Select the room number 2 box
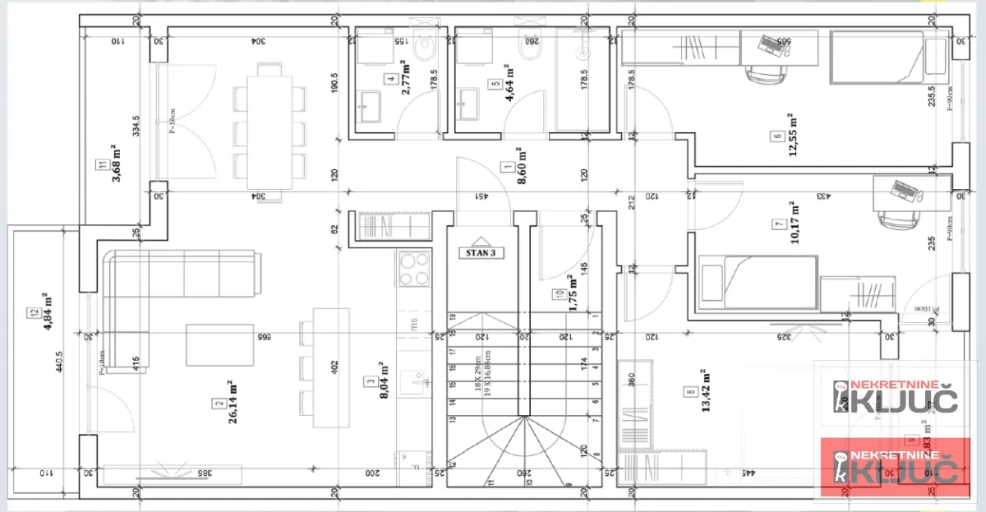[x=219, y=403]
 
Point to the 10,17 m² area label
[x=793, y=223]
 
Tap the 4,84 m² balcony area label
[x=45, y=311]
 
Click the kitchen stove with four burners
[x=414, y=269]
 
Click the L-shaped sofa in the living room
[x=164, y=288]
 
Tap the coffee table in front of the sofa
[x=220, y=344]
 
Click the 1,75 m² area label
[x=573, y=289]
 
